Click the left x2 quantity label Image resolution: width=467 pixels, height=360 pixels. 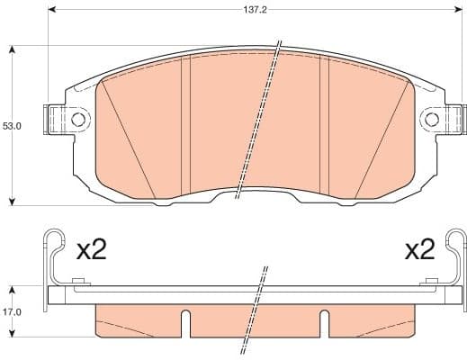[91, 249]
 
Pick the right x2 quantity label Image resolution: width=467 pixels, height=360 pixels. [418, 249]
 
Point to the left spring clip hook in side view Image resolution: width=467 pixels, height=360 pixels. [54, 243]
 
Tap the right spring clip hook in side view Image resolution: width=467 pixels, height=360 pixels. [456, 243]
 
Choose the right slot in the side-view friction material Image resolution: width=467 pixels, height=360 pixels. [325, 321]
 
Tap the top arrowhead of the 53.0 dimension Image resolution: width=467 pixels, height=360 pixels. [12, 50]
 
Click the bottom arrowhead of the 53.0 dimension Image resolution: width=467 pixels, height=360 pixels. [12, 199]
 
